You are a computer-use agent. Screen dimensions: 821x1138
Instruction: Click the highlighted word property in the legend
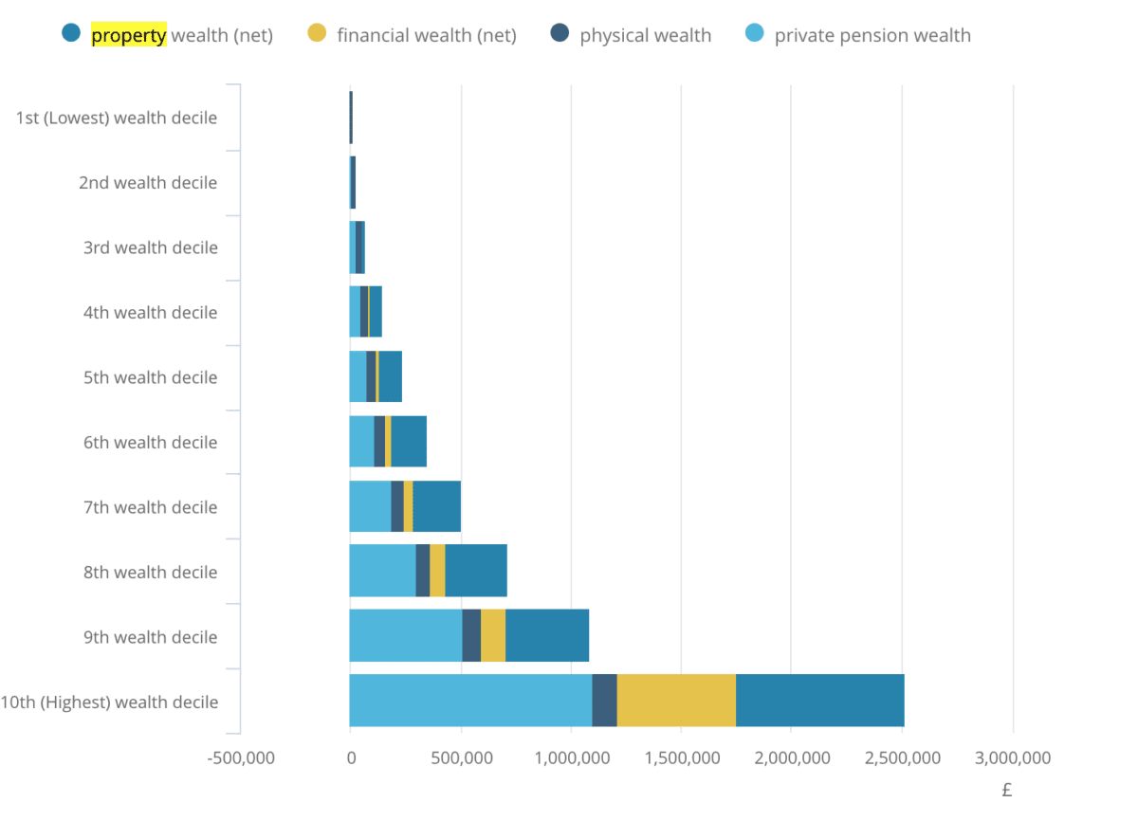coord(128,36)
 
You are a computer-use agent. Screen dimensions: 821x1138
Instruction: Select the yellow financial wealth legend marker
coord(317,34)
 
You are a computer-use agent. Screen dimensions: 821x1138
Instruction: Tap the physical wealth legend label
coord(645,36)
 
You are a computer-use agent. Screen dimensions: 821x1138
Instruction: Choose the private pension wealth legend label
coord(872,36)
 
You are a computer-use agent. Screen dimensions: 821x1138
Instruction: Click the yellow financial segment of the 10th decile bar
coord(676,701)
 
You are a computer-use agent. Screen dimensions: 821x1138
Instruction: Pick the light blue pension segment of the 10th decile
coord(470,701)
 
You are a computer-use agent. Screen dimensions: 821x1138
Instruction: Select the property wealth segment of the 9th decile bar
coord(547,635)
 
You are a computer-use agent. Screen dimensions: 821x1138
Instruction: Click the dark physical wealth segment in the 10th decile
coord(604,701)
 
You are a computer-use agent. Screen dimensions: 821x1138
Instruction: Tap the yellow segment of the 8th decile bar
coord(437,571)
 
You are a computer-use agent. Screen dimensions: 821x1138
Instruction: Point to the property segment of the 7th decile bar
coord(436,506)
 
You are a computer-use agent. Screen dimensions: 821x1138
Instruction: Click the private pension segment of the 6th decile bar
coord(361,442)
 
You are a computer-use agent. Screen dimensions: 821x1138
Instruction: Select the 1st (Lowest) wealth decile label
coord(117,119)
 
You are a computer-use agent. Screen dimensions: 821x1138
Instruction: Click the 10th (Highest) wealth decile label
coord(109,702)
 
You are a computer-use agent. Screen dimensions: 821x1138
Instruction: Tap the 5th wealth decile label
coord(150,377)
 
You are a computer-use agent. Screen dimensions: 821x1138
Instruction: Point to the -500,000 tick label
coord(240,758)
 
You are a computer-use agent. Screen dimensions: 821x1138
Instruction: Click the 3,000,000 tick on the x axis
coord(1014,758)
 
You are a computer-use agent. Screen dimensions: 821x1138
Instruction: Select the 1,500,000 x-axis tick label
coord(682,758)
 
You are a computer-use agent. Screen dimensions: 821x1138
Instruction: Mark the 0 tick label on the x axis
coord(350,758)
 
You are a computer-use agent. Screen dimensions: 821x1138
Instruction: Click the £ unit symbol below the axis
coord(1007,790)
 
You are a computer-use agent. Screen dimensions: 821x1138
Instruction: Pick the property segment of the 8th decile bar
coord(476,571)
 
